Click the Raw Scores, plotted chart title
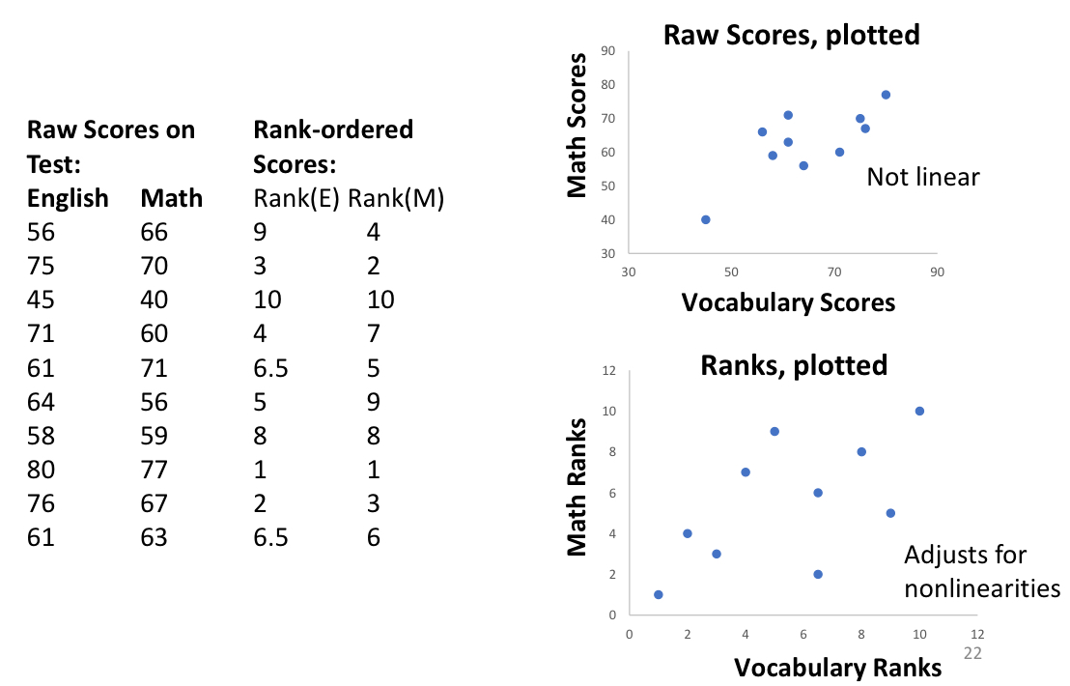click(791, 36)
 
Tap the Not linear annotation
click(923, 177)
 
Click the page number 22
click(972, 653)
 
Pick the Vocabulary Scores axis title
click(788, 302)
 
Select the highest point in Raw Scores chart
click(886, 95)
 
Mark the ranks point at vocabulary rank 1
click(659, 594)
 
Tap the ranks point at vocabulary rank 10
click(919, 411)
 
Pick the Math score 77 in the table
click(155, 470)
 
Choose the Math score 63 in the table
click(155, 537)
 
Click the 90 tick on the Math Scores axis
click(608, 51)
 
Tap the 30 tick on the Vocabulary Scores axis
click(629, 272)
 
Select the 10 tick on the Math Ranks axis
click(608, 411)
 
